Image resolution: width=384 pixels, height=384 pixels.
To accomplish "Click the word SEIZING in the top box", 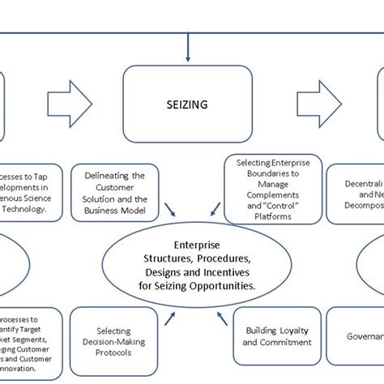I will (x=187, y=105).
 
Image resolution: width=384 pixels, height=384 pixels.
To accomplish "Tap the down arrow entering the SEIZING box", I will (x=188, y=52).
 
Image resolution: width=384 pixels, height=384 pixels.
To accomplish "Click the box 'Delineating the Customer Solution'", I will (x=116, y=192).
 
